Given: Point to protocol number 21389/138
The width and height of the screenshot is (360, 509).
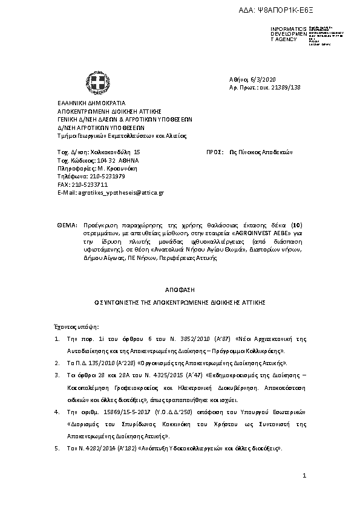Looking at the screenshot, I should point(283,88).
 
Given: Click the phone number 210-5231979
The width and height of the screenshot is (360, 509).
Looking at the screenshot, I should point(102,177).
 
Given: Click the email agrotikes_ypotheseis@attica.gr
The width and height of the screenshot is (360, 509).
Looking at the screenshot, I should point(121,192).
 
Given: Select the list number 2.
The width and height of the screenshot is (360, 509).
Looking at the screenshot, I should point(57,363).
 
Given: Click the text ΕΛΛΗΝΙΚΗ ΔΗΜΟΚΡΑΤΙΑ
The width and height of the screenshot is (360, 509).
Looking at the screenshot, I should point(91,103).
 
